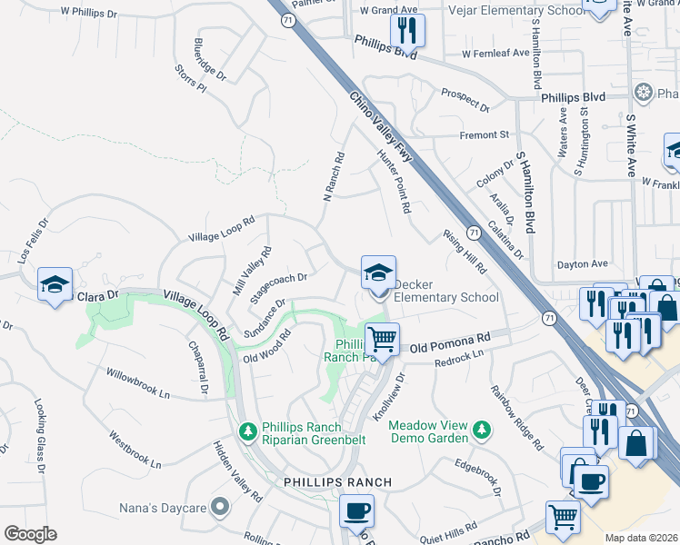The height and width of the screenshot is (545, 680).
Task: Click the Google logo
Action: (x=30, y=534)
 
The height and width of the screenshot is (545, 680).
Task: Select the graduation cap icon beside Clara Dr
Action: (x=55, y=284)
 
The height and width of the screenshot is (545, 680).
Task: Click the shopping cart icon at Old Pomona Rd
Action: (x=383, y=340)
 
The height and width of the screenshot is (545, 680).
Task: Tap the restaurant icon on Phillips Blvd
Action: (x=406, y=31)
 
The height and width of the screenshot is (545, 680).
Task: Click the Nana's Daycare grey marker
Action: (x=219, y=506)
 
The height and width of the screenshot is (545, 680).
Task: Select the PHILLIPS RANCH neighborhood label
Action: (x=337, y=481)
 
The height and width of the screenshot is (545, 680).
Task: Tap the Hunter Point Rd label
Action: (x=395, y=181)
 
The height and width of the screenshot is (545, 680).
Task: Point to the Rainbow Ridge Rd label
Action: (x=515, y=417)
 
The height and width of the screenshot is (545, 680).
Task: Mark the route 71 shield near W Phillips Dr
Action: (x=286, y=20)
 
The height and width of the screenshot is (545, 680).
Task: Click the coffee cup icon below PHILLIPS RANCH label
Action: (x=356, y=510)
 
